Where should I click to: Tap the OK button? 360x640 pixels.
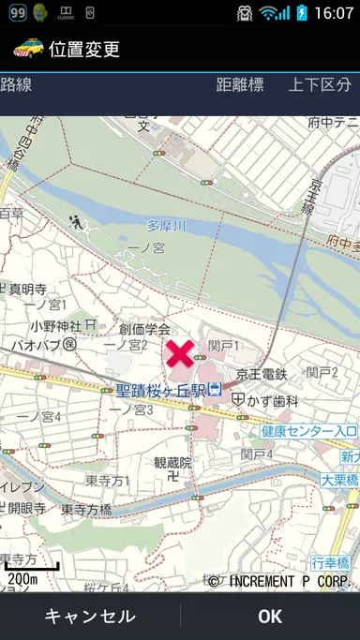click(x=270, y=616)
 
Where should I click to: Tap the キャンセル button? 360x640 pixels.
click(x=90, y=616)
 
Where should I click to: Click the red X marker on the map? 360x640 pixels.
click(x=181, y=353)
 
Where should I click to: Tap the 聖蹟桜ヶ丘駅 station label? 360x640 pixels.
click(x=160, y=389)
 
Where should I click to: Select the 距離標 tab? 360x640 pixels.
click(x=240, y=85)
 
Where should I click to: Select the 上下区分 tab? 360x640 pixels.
click(x=320, y=85)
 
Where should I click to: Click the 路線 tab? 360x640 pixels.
click(x=17, y=85)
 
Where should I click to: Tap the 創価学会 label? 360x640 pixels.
click(x=144, y=329)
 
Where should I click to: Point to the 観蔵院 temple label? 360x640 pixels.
click(x=172, y=462)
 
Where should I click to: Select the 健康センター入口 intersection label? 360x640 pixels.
click(x=308, y=431)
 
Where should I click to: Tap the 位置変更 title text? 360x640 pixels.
click(x=84, y=48)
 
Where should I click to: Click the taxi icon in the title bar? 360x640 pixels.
click(x=27, y=47)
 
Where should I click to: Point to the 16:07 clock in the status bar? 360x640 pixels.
click(x=334, y=13)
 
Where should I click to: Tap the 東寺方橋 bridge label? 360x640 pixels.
click(x=86, y=510)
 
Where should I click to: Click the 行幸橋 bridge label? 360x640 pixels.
click(x=330, y=563)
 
